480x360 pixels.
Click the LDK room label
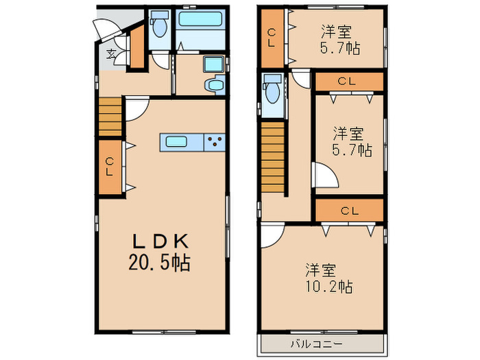click(160, 241)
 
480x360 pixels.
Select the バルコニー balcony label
click(315, 344)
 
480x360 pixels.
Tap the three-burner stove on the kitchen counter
click(215, 143)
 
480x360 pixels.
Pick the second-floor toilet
click(273, 89)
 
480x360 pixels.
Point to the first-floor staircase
click(110, 117)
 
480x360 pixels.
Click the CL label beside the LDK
click(110, 166)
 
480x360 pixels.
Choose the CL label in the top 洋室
click(272, 36)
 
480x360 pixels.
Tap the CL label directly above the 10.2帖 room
click(349, 211)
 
